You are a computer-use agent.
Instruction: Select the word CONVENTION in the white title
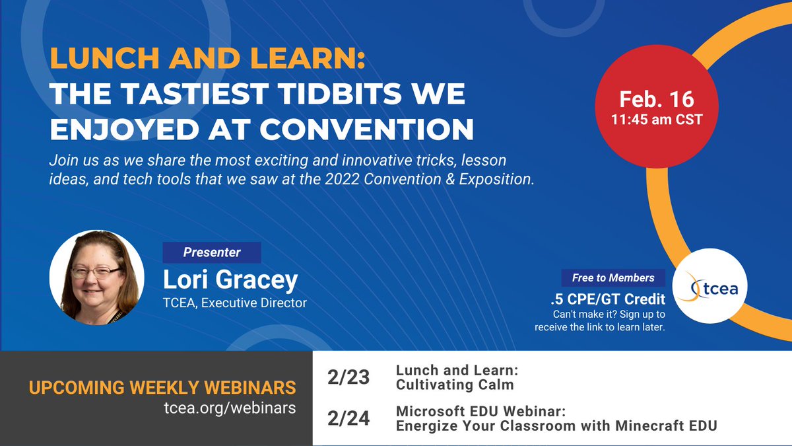[366, 130]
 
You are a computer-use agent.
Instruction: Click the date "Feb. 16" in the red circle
[656, 99]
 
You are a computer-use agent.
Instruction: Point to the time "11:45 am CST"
[656, 120]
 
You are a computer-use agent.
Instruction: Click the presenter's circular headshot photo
[96, 278]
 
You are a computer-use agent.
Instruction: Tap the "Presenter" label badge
[212, 252]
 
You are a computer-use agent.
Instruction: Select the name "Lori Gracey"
[230, 281]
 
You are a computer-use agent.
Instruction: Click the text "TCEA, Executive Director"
[235, 303]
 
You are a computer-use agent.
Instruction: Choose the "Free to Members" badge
[613, 278]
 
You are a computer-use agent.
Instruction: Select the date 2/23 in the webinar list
[348, 378]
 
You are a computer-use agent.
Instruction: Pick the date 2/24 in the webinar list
[348, 418]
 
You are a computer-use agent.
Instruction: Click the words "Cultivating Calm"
[454, 385]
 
